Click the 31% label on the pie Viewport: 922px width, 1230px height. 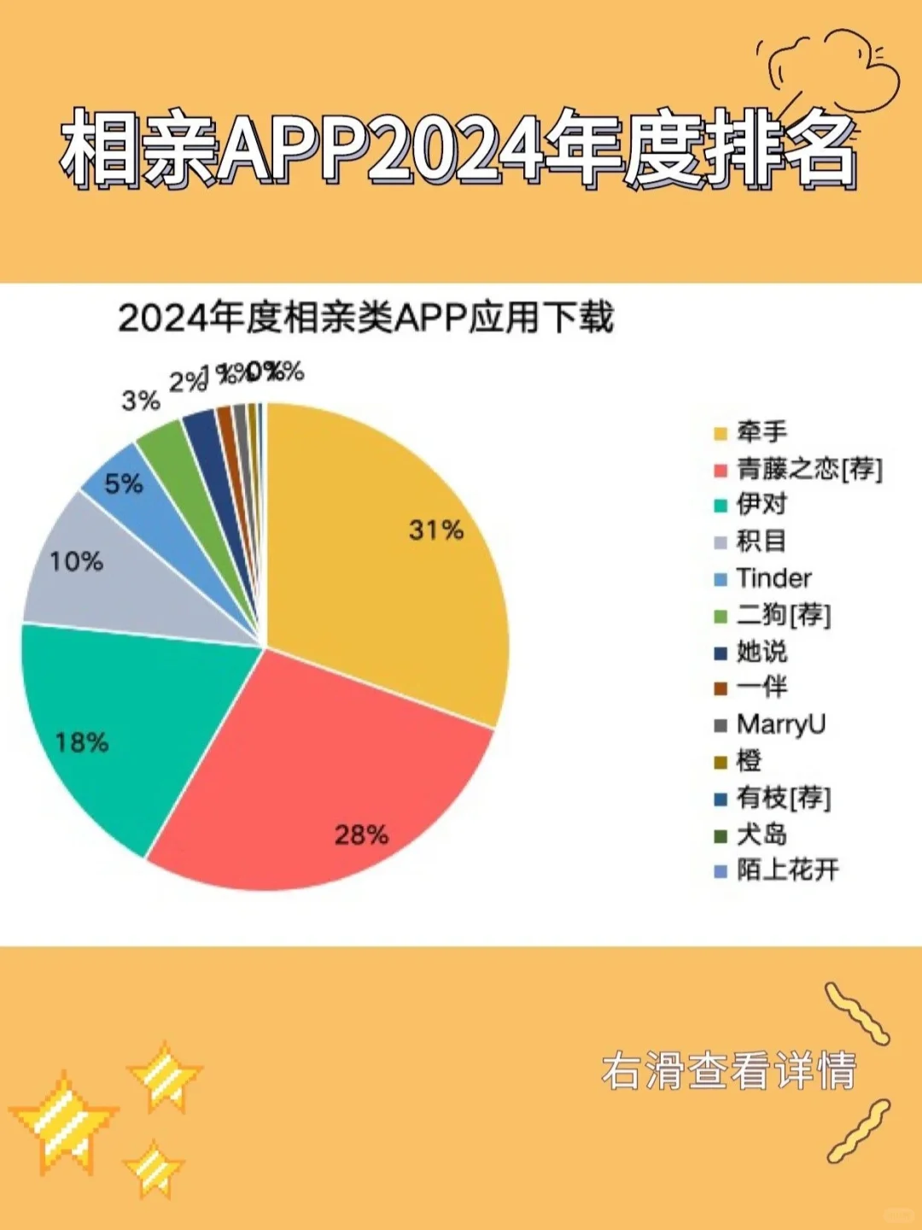pos(435,530)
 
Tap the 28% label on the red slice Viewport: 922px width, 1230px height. pos(361,835)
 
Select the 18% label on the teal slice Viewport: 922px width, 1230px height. pos(82,742)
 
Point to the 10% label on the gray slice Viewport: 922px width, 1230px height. pos(76,562)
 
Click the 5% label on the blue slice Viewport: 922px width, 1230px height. pos(124,484)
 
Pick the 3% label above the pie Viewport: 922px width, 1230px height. pos(141,401)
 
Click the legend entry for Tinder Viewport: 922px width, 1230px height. pos(773,578)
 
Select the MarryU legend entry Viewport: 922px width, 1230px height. pos(780,724)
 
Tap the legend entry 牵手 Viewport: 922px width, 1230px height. pos(762,432)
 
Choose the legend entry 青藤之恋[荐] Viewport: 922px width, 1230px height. pos(809,469)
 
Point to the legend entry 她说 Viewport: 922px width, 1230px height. pos(762,652)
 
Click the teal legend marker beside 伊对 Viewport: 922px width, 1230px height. pos(721,506)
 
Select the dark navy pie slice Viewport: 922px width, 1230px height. pos(203,428)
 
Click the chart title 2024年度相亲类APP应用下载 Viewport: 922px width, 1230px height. pos(365,319)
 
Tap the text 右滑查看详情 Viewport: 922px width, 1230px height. pos(728,1071)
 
